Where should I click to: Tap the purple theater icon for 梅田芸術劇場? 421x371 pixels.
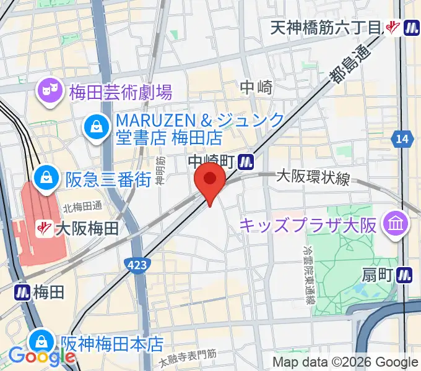point(48,92)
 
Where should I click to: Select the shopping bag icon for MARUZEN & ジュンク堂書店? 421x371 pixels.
point(97,129)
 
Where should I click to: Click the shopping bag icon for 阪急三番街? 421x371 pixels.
point(46,179)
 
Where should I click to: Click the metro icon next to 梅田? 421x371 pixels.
point(22,291)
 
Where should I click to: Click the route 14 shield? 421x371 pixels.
point(402,140)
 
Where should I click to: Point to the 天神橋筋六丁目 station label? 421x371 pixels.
point(328,27)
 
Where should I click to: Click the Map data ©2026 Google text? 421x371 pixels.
point(345,362)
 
